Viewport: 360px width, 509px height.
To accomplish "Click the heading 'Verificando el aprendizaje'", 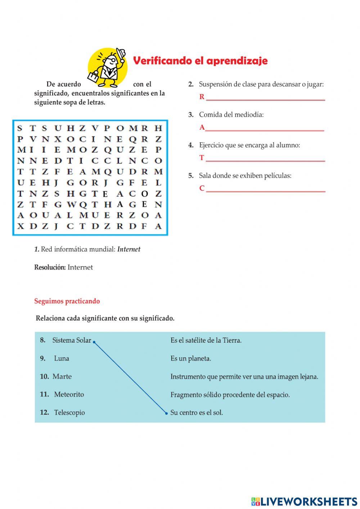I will tap(200, 61).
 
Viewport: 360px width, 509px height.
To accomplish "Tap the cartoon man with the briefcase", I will tap(108, 68).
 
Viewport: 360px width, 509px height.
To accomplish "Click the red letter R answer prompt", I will tap(202, 97).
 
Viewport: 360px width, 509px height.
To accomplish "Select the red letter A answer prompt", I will tap(202, 127).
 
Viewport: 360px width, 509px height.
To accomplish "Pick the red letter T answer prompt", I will tap(202, 158).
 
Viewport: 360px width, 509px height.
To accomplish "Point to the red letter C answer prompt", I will tap(202, 188).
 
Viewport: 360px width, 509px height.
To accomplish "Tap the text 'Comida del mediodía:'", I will tap(231, 115).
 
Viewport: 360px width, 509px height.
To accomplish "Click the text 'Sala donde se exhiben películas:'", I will tap(245, 176).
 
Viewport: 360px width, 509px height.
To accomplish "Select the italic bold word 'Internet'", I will tap(129, 249).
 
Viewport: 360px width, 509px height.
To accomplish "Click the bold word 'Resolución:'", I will tap(50, 267).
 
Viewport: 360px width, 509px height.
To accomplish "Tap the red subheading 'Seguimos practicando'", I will tap(67, 301).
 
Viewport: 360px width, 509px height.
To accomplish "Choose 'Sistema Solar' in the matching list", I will tap(72, 340).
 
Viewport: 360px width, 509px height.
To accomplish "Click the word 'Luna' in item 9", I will tap(62, 358).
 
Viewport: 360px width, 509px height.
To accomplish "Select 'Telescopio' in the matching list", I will tap(69, 412).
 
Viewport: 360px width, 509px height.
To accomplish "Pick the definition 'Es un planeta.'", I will tap(191, 358).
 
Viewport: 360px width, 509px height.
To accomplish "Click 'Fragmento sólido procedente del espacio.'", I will tap(230, 395).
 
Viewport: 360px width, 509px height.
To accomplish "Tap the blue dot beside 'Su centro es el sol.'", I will tap(166, 413).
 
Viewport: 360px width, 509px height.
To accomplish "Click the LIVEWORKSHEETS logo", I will tap(304, 501).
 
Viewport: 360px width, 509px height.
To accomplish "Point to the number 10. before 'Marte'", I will tap(44, 376).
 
